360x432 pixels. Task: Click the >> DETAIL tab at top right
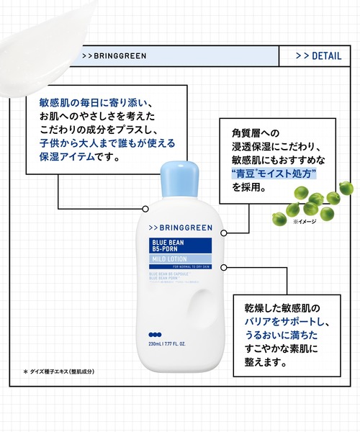tap(318, 55)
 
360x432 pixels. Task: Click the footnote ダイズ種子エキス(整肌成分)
tap(62, 372)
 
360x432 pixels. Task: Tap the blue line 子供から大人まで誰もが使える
tap(107, 143)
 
